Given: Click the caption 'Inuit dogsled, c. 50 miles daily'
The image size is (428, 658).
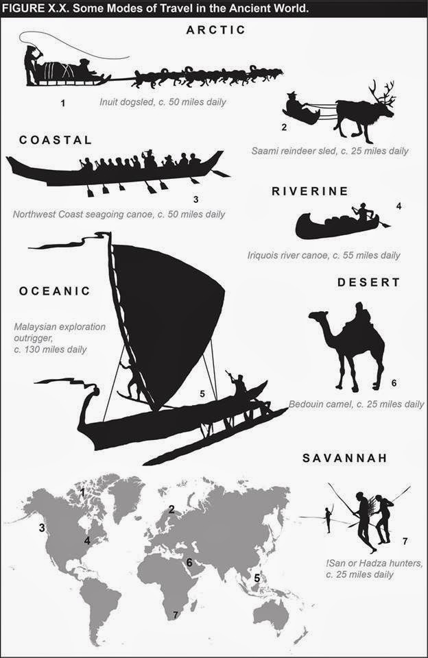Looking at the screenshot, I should tap(163, 103).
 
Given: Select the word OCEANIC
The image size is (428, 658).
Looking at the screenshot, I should tap(55, 291).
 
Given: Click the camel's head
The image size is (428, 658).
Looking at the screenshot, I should tap(317, 317).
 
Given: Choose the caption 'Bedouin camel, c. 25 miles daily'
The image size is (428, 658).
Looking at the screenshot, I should tap(356, 404).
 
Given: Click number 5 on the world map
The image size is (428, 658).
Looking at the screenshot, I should tap(256, 577).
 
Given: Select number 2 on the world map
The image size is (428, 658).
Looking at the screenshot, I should tap(172, 509).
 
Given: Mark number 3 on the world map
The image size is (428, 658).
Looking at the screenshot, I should tap(42, 527).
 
